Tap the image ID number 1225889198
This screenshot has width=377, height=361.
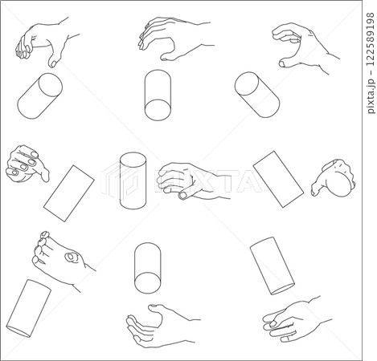coord(371,38)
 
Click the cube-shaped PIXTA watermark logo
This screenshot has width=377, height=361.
coord(120,180)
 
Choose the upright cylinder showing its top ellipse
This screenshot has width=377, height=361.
coord(133,180)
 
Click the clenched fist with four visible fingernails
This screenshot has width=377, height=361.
coord(27,164)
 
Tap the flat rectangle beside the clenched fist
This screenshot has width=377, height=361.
coord(69,193)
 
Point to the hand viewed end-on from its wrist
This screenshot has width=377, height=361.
coord(334,178)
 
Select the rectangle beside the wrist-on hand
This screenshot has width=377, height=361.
coord(278,179)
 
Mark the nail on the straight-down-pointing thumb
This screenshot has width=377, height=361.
coord(53,63)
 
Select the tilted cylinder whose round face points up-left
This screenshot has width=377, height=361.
coord(257,95)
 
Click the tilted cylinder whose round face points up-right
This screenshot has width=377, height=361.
coord(40,95)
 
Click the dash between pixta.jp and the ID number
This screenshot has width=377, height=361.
coord(371,71)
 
